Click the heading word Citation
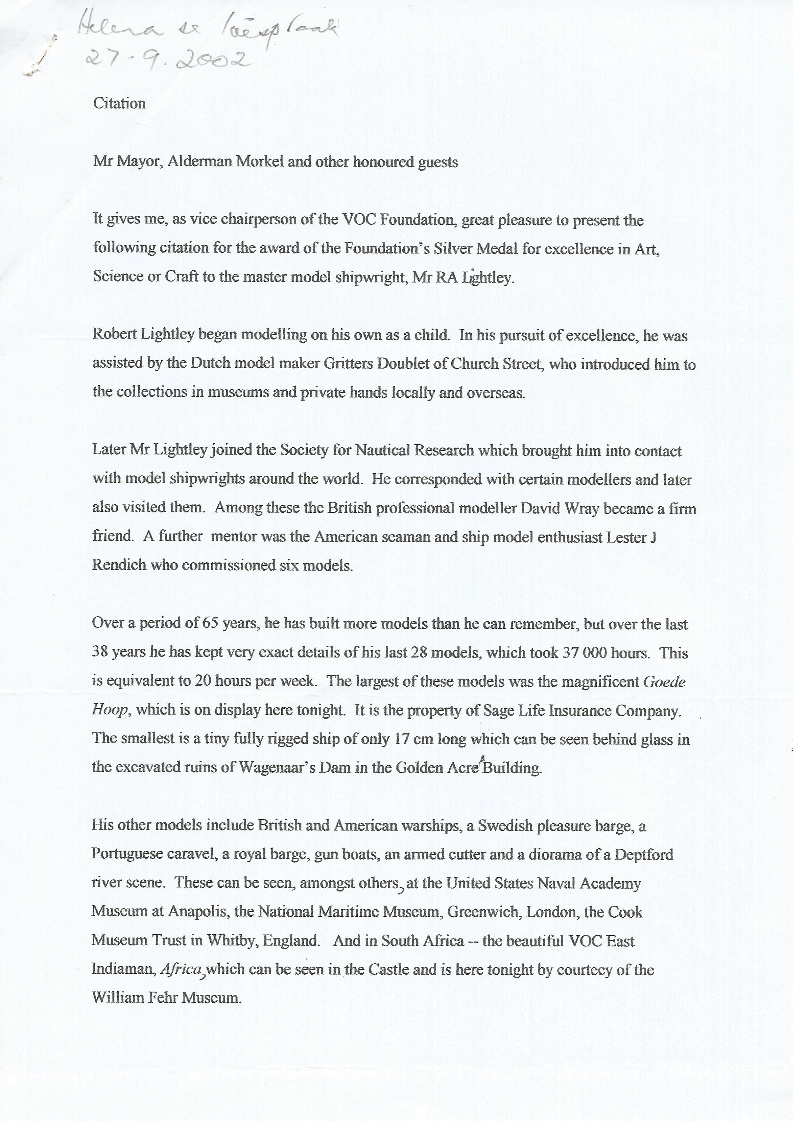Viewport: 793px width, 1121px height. tap(119, 104)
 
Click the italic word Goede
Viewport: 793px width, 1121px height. tap(665, 681)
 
